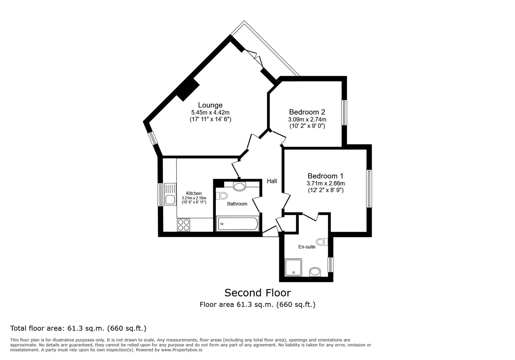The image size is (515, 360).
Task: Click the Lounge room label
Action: (210, 105)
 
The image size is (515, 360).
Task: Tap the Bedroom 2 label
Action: (307, 112)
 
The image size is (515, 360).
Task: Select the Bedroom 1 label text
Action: (325, 176)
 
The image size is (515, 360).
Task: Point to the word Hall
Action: (272, 181)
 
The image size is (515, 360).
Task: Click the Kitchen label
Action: (194, 193)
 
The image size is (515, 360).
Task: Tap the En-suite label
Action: (307, 247)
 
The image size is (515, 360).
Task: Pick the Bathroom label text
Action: (237, 204)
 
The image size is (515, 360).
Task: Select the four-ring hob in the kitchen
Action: (183, 225)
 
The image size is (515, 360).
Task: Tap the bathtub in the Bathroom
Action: (237, 224)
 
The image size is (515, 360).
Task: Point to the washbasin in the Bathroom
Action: (239, 187)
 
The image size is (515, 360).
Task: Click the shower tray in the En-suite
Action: (293, 267)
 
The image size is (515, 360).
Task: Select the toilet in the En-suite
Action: (322, 242)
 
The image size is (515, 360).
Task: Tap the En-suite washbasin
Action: (315, 272)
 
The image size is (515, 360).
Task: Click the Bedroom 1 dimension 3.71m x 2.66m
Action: (326, 183)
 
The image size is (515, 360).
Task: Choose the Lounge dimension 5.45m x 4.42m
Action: (210, 113)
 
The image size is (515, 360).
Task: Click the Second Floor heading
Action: (257, 293)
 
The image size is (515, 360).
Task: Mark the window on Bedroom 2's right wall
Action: (344, 113)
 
